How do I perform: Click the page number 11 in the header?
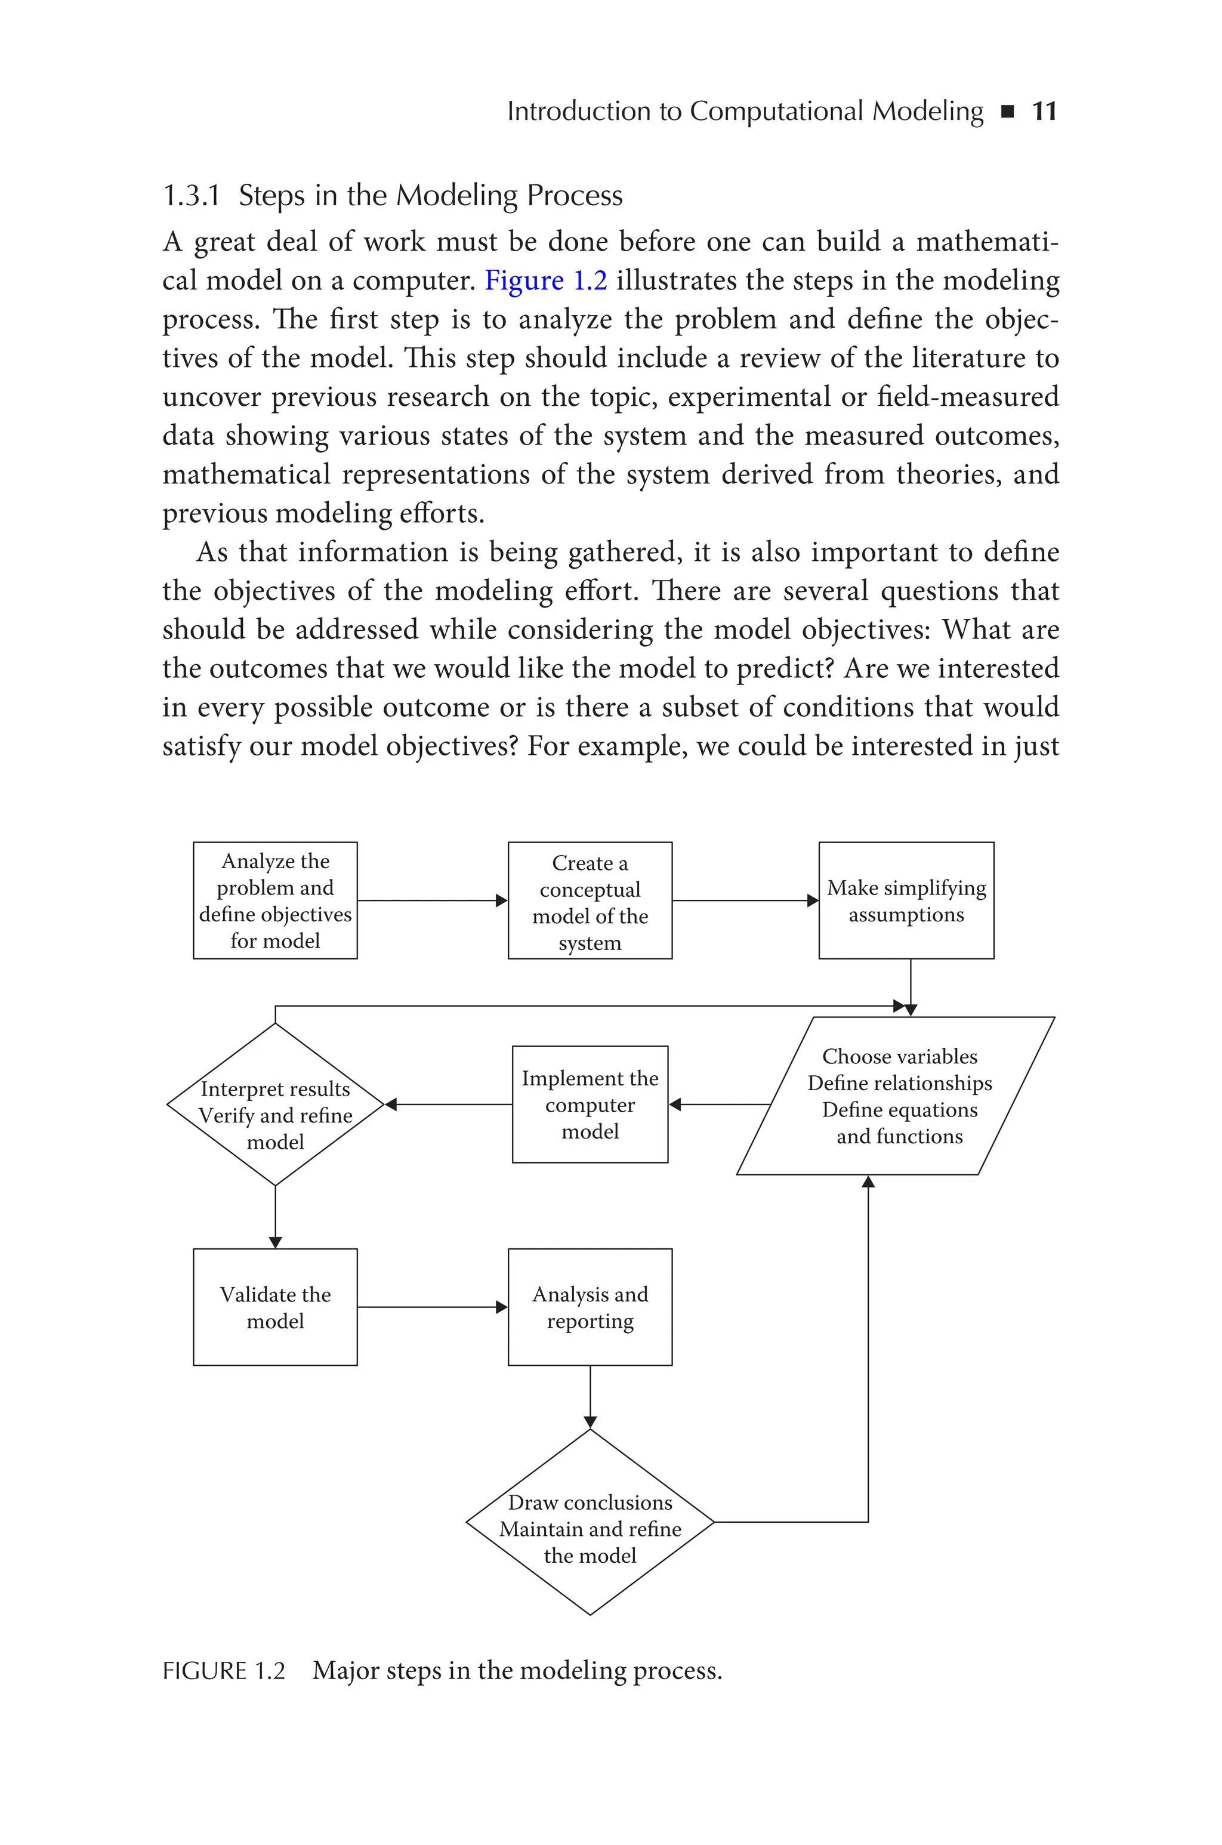tap(1044, 112)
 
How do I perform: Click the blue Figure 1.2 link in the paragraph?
tap(545, 280)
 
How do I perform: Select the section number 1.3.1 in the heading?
tap(191, 196)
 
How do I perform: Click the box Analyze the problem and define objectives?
tap(275, 900)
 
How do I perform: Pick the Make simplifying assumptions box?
tap(906, 900)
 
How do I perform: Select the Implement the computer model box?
tap(590, 1105)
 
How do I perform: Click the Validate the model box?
tap(275, 1308)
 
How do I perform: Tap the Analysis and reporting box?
tap(590, 1307)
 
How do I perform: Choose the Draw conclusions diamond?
tap(590, 1529)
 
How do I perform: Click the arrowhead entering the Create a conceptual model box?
tap(502, 900)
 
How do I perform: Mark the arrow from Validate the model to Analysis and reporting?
tap(433, 1307)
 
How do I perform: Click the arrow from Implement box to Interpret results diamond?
tap(449, 1105)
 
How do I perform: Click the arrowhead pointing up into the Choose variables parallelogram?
tap(868, 1181)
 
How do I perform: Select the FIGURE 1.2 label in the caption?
tap(224, 1671)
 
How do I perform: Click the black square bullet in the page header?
tap(1007, 112)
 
